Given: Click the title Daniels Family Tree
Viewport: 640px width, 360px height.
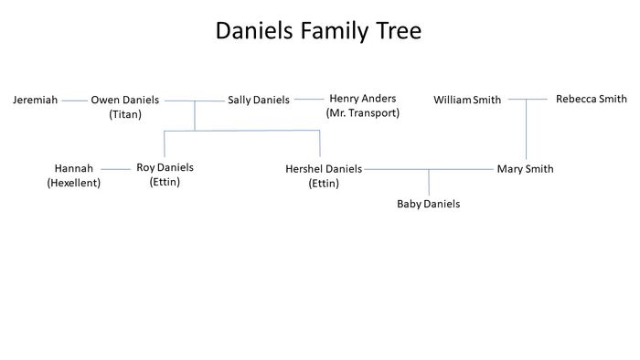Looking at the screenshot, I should (x=318, y=31).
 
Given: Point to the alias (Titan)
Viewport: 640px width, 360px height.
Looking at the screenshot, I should (x=125, y=114).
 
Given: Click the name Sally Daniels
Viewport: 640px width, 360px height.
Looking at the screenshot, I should (x=259, y=100).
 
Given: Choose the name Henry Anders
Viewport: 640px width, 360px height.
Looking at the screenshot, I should (x=362, y=99).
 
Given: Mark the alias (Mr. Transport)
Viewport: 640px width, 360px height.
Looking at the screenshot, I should (x=362, y=112).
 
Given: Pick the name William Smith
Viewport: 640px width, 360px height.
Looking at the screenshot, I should (x=467, y=100).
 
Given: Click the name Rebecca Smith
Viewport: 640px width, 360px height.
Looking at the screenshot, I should (x=591, y=99).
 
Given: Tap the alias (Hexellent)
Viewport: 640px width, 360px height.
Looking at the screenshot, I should (x=74, y=183).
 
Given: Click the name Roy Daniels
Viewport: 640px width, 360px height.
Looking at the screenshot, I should (x=165, y=168).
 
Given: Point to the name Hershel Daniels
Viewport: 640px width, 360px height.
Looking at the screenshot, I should (x=324, y=169).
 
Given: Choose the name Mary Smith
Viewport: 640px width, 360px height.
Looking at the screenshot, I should (x=525, y=169).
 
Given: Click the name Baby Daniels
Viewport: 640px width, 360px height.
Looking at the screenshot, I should (x=428, y=204).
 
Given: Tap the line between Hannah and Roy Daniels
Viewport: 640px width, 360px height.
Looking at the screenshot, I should (x=116, y=169).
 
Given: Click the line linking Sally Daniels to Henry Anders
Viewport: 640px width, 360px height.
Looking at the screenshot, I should (x=309, y=100).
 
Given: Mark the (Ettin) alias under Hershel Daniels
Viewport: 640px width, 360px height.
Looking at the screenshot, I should (x=324, y=184).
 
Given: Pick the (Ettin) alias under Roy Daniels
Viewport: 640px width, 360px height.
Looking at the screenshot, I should (x=165, y=182).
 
